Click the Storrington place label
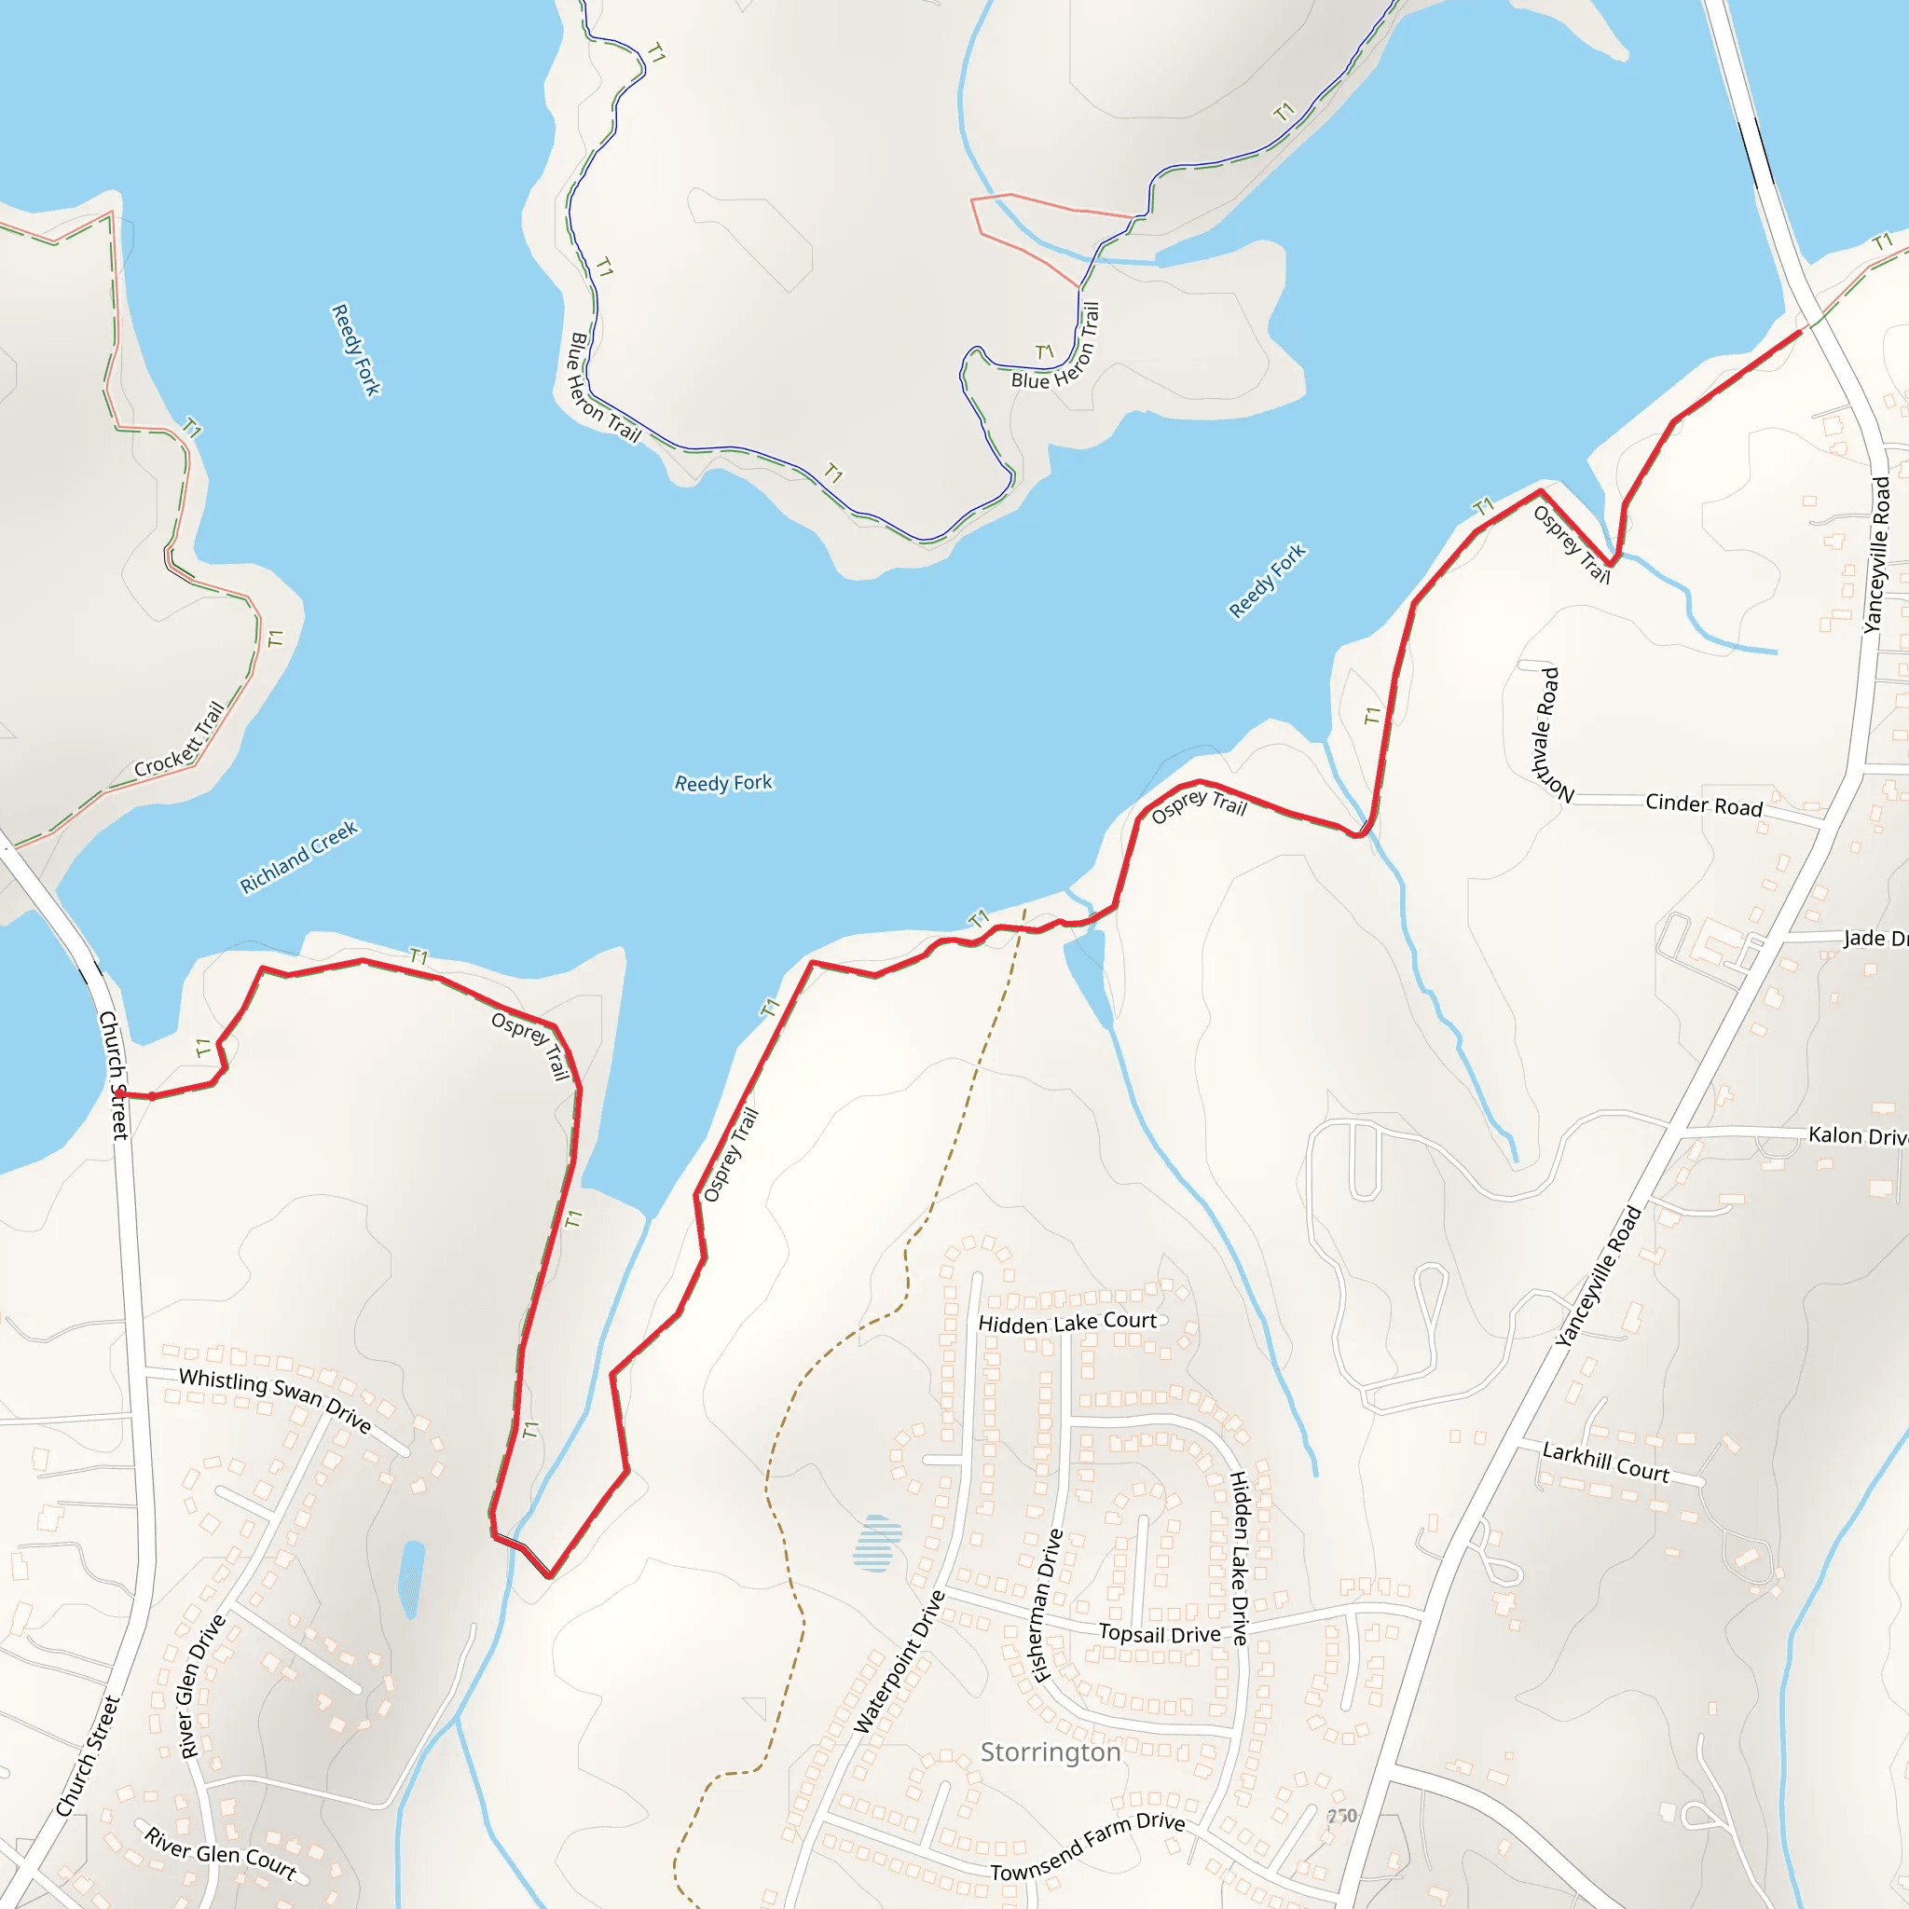pos(1050,1751)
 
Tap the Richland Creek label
pos(298,857)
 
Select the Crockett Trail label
pos(179,739)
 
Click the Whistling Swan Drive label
pos(275,1400)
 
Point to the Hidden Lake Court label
pos(1067,1322)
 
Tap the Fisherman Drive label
pos(1047,1606)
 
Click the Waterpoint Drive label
pos(899,1663)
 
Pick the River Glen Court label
pos(219,1853)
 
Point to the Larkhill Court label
pos(1606,1463)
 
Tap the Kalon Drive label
pos(1857,1135)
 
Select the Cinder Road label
pos(1704,804)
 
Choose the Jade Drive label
pos(1875,938)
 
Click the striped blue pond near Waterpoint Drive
pos(876,1544)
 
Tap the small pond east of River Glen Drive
pos(411,1578)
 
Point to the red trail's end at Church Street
pos(119,1092)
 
